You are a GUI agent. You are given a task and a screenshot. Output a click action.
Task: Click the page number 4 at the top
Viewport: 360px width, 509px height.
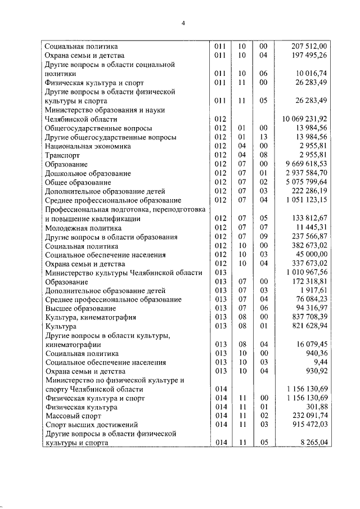coord(183,23)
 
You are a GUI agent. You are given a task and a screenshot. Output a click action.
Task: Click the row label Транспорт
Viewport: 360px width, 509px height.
coord(62,155)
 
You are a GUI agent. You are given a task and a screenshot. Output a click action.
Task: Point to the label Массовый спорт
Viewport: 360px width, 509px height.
coord(72,416)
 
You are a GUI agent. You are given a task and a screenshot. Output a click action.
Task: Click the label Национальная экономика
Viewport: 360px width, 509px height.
coord(88,146)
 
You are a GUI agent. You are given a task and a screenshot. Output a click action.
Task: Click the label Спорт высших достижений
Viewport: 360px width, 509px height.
coord(91,425)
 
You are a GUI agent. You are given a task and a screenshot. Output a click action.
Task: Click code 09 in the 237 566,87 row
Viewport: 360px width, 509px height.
coord(263,237)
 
